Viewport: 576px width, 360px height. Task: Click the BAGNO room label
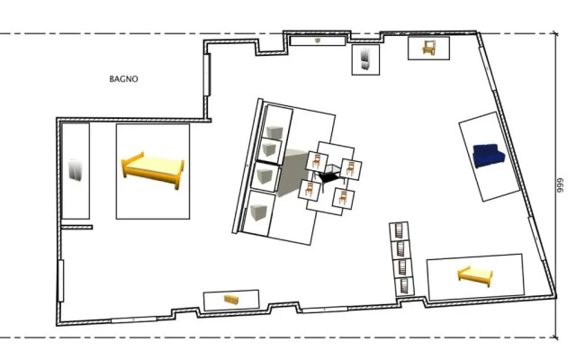tap(124, 79)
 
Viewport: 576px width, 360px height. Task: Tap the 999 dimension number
tap(560, 186)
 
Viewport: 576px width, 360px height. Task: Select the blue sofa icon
tap(489, 156)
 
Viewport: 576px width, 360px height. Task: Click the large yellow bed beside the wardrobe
tap(153, 170)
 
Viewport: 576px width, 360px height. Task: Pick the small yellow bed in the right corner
tap(475, 276)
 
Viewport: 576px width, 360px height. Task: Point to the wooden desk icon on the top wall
tap(428, 48)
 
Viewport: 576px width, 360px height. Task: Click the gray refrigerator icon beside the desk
tap(365, 58)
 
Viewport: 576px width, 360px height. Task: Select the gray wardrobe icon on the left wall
tap(76, 170)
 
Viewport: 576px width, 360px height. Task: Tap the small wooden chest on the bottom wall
tap(231, 300)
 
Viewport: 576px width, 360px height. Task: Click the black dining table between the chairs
tap(331, 175)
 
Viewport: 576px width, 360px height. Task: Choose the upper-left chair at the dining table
tap(316, 161)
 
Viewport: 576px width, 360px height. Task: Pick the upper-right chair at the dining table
tap(350, 168)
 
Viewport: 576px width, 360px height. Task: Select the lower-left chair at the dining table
tap(310, 190)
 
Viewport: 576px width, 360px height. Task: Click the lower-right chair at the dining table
tap(343, 198)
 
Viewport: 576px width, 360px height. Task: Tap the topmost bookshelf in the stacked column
tap(400, 231)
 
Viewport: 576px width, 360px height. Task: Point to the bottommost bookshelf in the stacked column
tap(404, 286)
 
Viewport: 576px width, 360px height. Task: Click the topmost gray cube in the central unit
tap(274, 131)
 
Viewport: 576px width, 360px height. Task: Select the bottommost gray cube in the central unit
tap(258, 212)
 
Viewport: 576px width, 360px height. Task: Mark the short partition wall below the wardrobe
tap(76, 228)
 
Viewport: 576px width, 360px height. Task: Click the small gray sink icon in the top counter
tap(318, 40)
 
